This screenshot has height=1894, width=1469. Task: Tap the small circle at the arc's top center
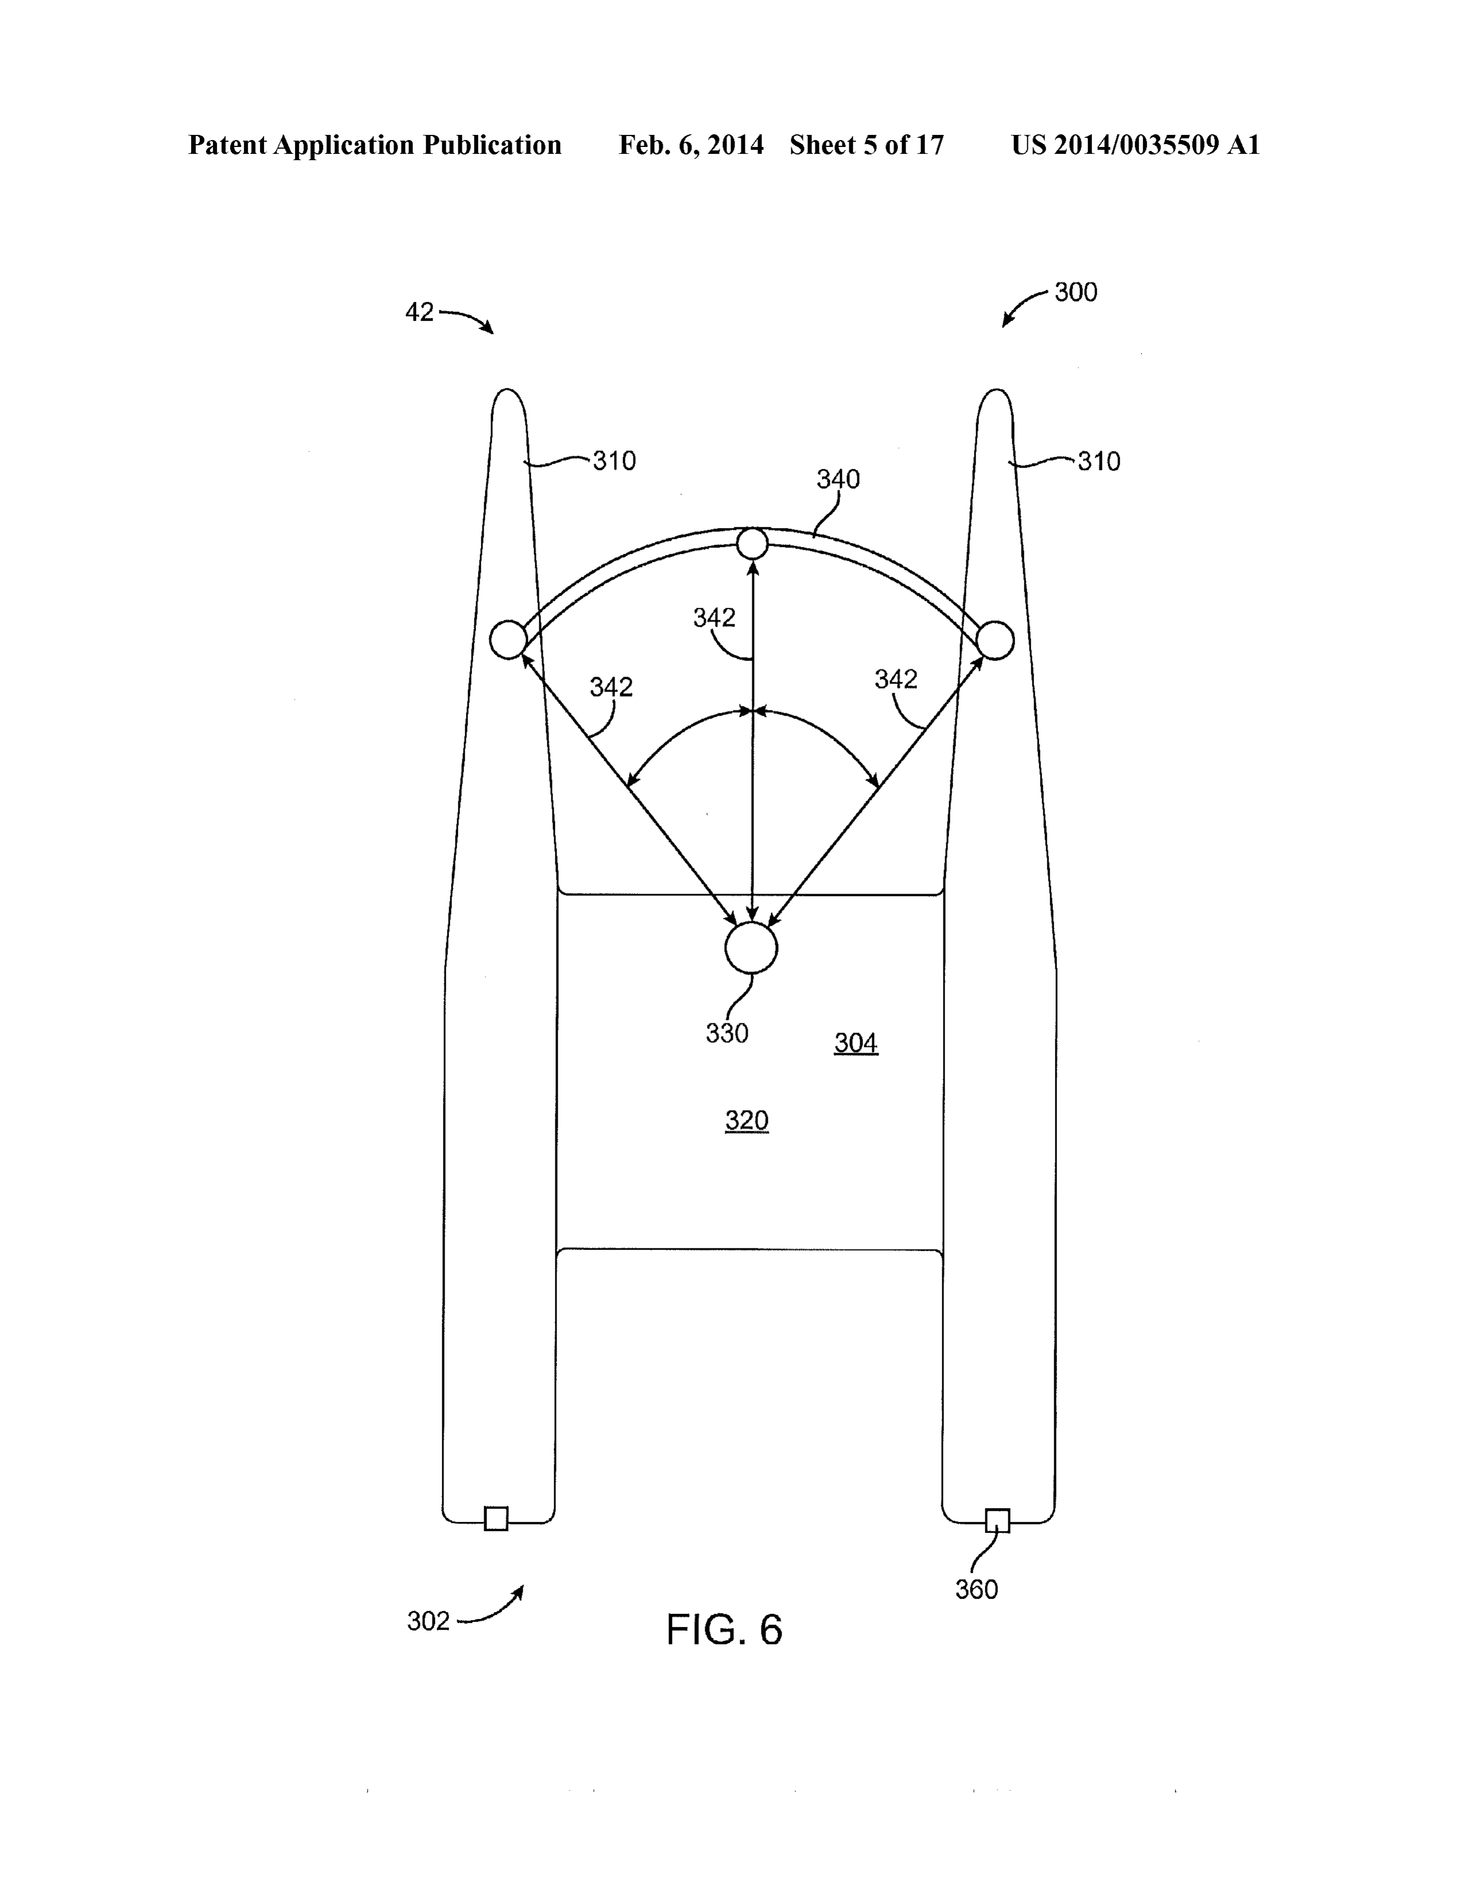pos(752,544)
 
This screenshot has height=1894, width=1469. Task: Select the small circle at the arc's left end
pos(508,640)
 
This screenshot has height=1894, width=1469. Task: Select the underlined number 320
pos(747,1120)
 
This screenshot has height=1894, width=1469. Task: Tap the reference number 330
pos(726,1033)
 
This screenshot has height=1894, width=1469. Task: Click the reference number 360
pos(977,1590)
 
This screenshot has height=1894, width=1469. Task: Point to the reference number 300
pos(1076,292)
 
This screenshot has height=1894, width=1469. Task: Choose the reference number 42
pos(419,312)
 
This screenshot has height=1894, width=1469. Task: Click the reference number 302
pos(429,1621)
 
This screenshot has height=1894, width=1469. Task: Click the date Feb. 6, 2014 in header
pos(691,145)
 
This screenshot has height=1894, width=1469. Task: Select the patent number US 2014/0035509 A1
pos(1135,145)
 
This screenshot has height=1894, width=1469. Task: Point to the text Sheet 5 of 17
pos(866,145)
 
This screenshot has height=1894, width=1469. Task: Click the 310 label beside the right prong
pos(1099,461)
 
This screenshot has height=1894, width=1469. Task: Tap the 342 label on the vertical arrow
pos(714,618)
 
